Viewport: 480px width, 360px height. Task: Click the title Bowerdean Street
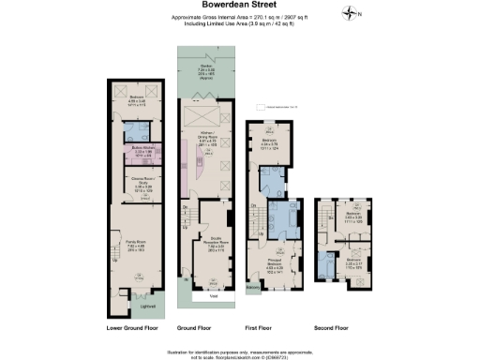point(239,6)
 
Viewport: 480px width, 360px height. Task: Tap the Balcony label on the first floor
point(252,289)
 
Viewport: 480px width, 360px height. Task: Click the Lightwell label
point(147,307)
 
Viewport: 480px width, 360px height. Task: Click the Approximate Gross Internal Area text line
point(239,17)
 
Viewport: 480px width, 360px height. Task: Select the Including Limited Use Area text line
point(239,23)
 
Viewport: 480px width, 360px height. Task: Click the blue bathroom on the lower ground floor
point(139,131)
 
